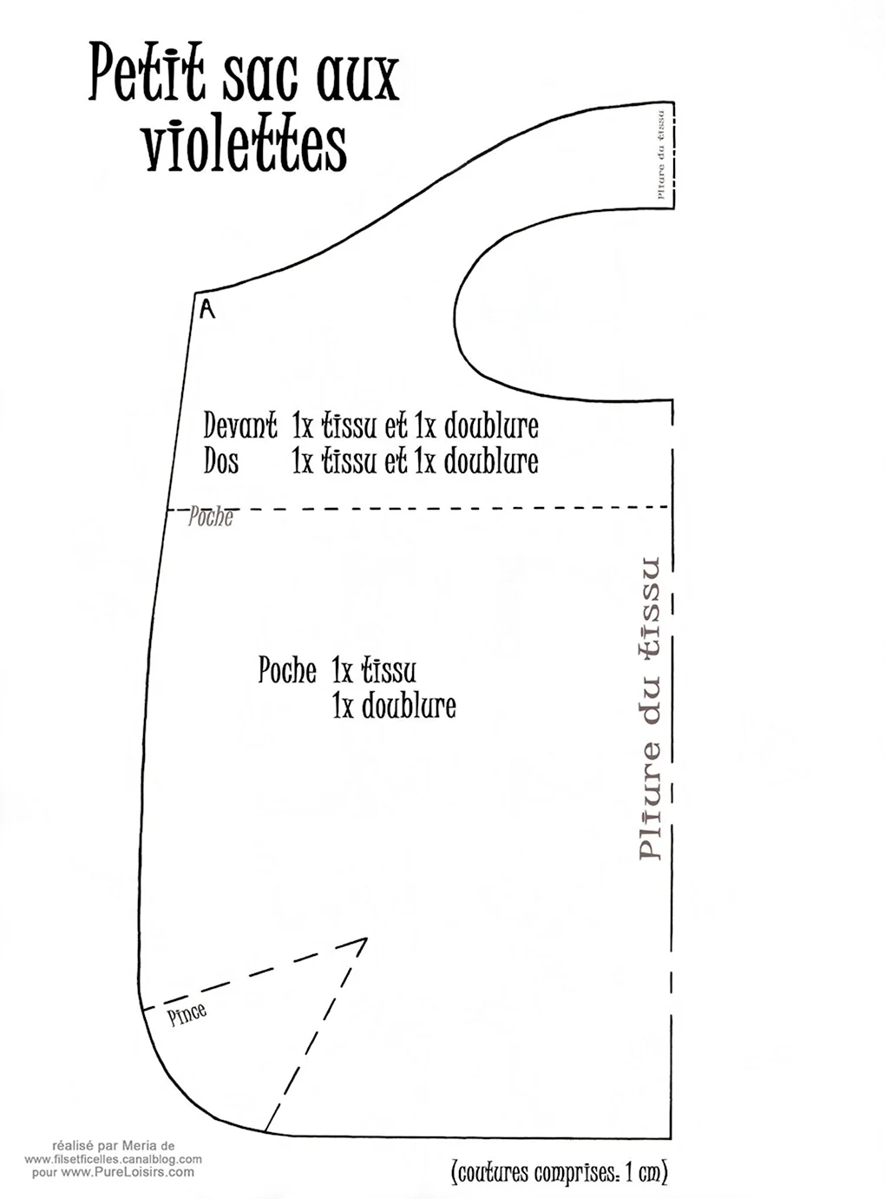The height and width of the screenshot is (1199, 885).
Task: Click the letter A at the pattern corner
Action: pyautogui.click(x=207, y=310)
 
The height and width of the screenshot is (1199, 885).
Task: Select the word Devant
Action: pyautogui.click(x=240, y=427)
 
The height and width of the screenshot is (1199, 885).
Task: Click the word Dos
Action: pyautogui.click(x=221, y=462)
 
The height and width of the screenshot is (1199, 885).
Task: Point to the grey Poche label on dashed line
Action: pyautogui.click(x=211, y=517)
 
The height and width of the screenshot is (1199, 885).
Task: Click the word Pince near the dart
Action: pyautogui.click(x=187, y=1014)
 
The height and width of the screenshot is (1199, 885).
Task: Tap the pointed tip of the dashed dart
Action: pyautogui.click(x=366, y=939)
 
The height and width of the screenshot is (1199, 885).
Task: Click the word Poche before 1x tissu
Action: pyautogui.click(x=287, y=670)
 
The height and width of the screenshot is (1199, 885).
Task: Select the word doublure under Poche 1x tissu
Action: pyautogui.click(x=409, y=706)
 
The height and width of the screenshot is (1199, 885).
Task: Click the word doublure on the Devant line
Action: pyautogui.click(x=491, y=427)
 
